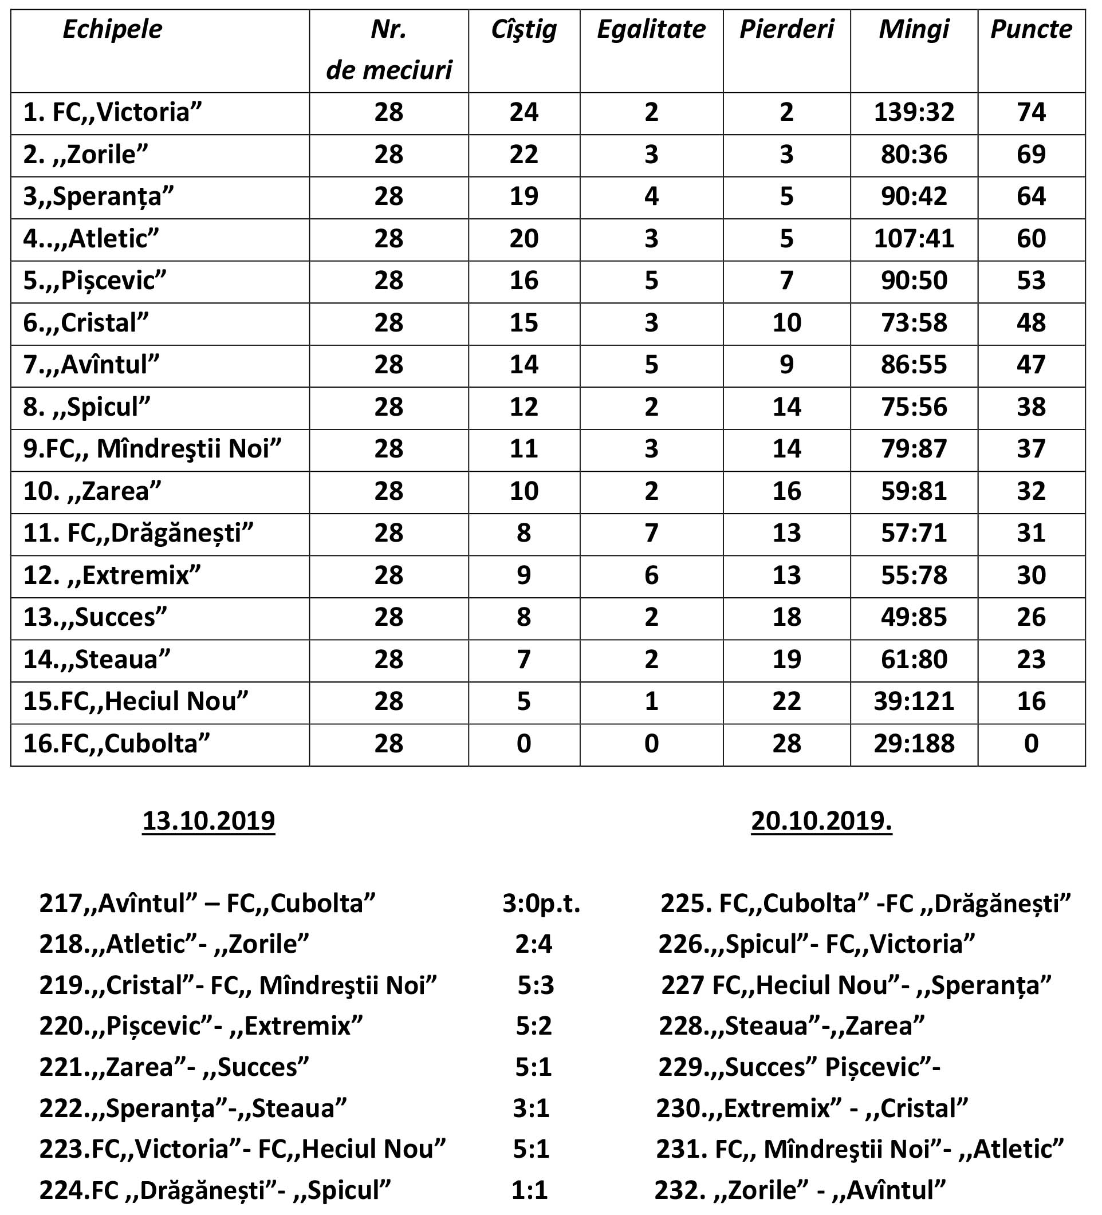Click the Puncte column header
[1030, 30]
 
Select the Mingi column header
[914, 30]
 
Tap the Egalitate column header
[651, 30]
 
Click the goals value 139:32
[914, 112]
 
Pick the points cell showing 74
[1030, 112]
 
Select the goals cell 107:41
[914, 239]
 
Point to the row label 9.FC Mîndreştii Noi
[152, 449]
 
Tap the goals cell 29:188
[914, 744]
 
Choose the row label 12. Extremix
[112, 575]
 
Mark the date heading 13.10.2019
[208, 821]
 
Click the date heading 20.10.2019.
[821, 821]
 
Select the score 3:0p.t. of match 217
[541, 904]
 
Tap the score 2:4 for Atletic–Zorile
[533, 944]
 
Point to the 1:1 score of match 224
[529, 1190]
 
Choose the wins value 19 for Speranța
[524, 196]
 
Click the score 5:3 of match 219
[536, 985]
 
